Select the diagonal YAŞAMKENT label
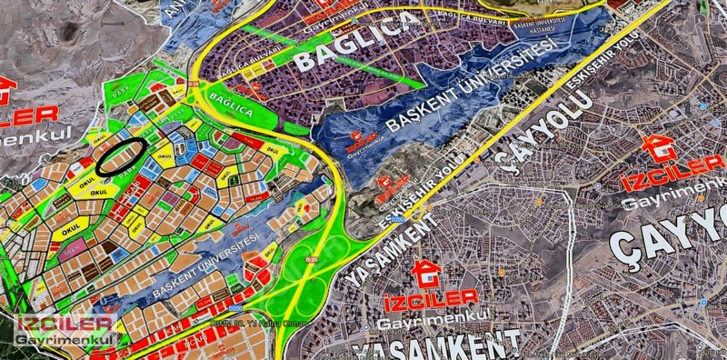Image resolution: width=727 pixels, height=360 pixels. (382, 251)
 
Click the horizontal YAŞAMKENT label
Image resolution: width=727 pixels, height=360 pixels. (436, 345)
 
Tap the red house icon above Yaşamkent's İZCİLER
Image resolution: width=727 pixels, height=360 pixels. (423, 271)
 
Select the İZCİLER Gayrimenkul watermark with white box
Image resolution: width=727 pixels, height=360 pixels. (64, 330)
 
